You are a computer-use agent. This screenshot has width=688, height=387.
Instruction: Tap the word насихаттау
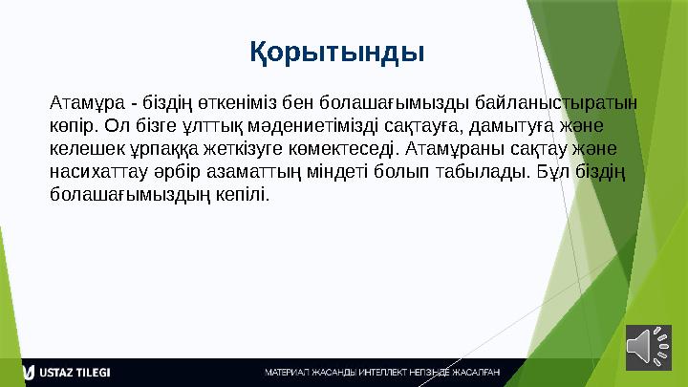[x=94, y=172]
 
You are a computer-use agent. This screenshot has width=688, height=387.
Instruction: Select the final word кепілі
[x=244, y=196]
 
